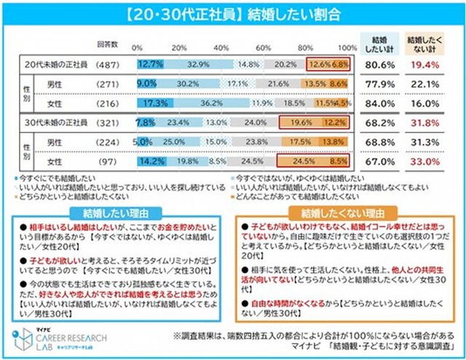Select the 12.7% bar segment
149,64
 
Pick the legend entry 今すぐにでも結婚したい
51,177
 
